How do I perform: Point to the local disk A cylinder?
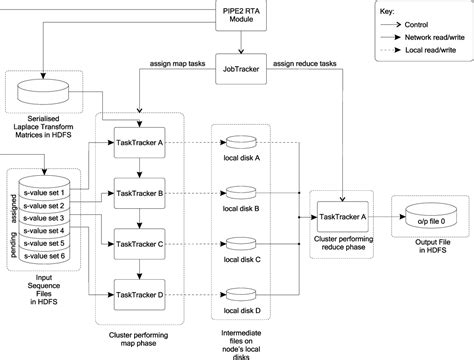pyautogui.click(x=242, y=143)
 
